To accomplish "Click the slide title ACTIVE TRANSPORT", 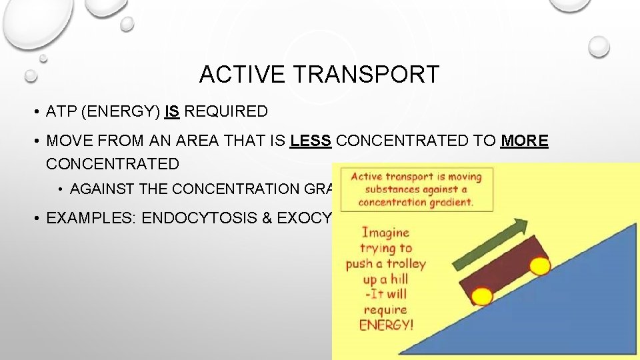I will coord(319,75).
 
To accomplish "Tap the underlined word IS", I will coord(172,112).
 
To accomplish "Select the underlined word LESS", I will coord(311,141).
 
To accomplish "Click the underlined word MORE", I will coord(525,141).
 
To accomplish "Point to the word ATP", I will coord(61,112).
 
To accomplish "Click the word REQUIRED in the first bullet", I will coord(226,112).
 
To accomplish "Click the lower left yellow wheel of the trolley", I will coord(482,295).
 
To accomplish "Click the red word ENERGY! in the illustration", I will coord(386,325).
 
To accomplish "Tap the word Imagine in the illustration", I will coord(385,233).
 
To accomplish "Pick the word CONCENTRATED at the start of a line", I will coord(113,164).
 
